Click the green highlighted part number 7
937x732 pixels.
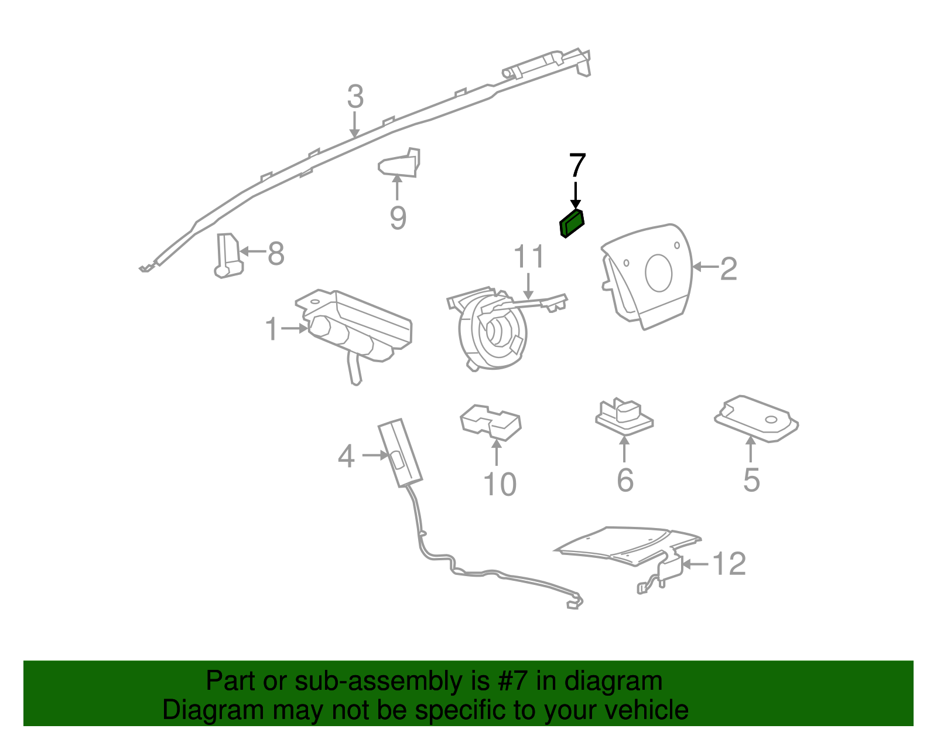pos(572,224)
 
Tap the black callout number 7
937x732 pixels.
pos(577,166)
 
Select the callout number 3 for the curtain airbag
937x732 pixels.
pos(355,97)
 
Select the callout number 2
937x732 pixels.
pos(728,268)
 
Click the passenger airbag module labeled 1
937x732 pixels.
pos(357,328)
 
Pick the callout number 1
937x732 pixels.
pos(272,329)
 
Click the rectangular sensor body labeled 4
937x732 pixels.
pos(399,452)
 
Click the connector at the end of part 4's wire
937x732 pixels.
pos(574,602)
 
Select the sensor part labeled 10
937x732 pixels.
pos(491,422)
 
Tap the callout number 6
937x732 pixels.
pos(625,480)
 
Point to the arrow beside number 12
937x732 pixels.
pos(696,564)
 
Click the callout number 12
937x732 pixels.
pos(729,564)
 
